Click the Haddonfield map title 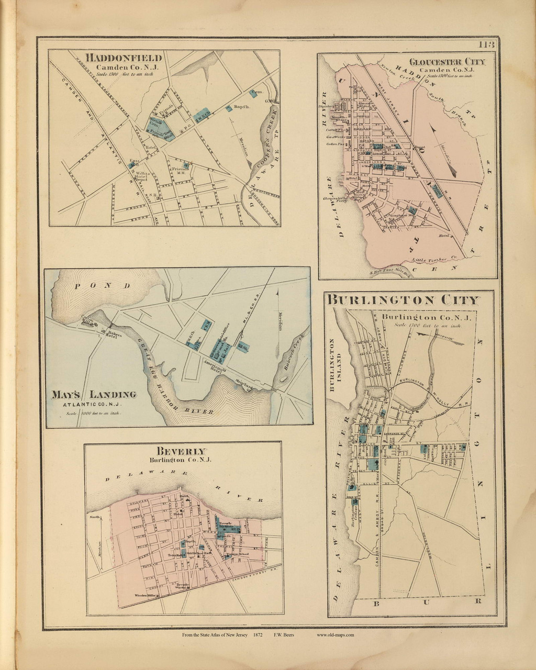pyautogui.click(x=124, y=58)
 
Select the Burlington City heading pyautogui.click(x=403, y=300)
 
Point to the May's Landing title pyautogui.click(x=94, y=395)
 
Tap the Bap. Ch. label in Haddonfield pyautogui.click(x=240, y=107)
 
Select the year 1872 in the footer pyautogui.click(x=257, y=635)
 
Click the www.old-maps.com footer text pyautogui.click(x=336, y=635)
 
